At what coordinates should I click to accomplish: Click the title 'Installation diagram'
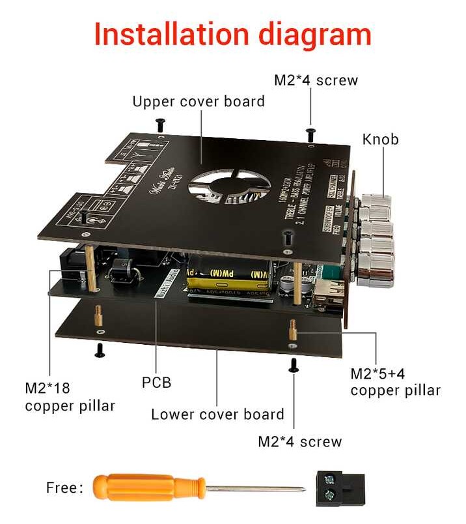232,34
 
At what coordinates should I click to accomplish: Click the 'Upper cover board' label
199,102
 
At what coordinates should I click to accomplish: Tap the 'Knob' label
380,139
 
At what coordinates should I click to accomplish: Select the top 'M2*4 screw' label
316,81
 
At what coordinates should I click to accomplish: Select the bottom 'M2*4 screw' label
299,441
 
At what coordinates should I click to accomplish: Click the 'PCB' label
156,382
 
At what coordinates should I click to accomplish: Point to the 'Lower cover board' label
217,415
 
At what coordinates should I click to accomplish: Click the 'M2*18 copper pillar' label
70,397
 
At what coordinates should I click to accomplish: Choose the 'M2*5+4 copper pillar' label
395,382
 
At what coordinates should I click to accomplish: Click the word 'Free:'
64,488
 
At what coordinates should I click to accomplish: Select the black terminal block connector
338,488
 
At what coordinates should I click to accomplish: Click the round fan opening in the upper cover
228,182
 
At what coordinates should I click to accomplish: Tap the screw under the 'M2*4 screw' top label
311,134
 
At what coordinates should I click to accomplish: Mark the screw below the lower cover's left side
100,350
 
